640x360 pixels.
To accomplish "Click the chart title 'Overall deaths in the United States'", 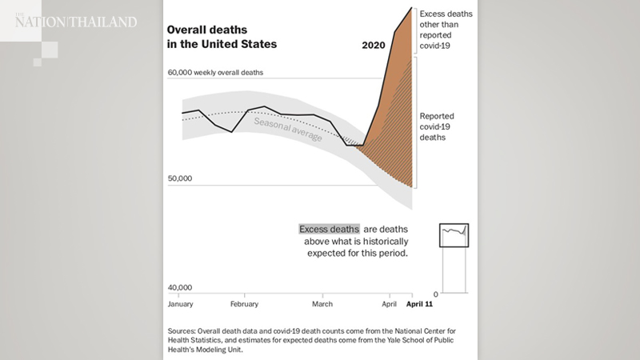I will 221,36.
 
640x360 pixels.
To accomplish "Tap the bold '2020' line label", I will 374,46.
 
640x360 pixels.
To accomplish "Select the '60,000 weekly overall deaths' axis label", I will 215,72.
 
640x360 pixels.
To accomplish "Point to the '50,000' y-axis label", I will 181,179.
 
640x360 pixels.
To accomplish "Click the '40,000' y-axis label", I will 181,287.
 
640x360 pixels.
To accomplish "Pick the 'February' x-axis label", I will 244,304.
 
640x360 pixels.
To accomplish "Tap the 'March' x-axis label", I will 322,304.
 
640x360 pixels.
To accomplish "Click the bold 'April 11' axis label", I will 418,304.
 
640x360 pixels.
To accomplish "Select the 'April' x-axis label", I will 390,304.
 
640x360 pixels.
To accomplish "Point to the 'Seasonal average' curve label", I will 288,129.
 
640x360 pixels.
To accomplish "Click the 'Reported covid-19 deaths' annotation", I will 438,126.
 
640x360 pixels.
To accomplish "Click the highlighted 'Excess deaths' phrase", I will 329,229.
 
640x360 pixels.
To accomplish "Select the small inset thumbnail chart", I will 454,235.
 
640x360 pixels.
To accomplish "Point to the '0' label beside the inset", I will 435,294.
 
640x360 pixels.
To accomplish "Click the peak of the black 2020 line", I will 411,8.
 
